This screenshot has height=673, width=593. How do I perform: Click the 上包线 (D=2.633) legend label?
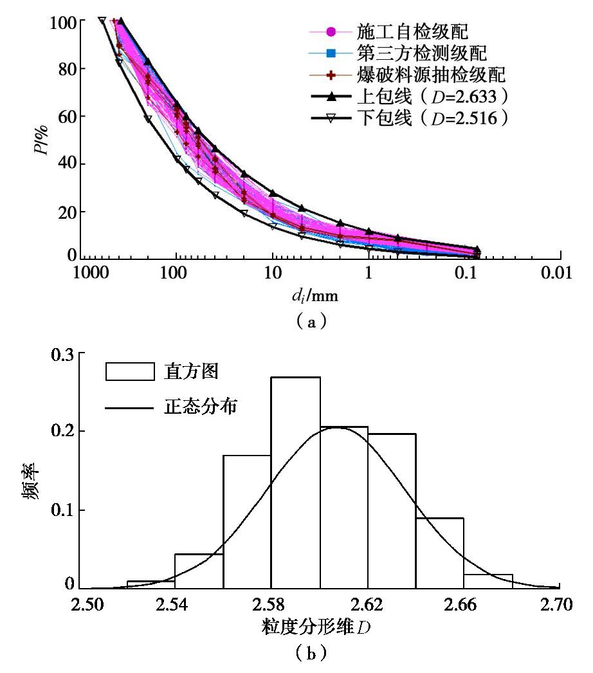pyautogui.click(x=428, y=97)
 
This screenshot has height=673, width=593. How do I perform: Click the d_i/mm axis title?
pyautogui.click(x=315, y=297)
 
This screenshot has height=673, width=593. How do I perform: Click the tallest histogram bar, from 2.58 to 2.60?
pyautogui.click(x=295, y=483)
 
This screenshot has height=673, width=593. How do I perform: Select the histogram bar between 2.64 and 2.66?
pyautogui.click(x=439, y=553)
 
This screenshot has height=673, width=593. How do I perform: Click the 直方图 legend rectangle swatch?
pyautogui.click(x=130, y=372)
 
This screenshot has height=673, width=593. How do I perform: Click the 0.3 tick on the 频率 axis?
pyautogui.click(x=64, y=354)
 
